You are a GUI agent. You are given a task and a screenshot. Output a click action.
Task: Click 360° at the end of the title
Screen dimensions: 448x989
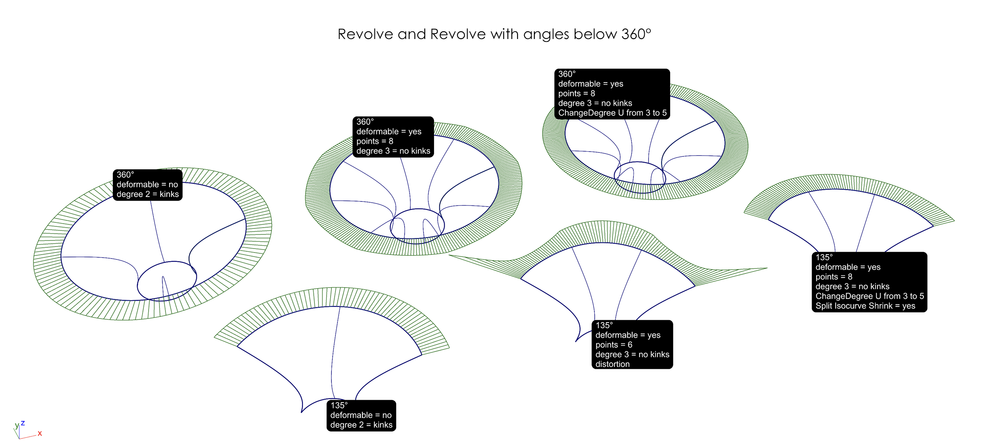click(636, 34)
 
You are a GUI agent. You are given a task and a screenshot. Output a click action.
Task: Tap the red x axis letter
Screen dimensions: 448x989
click(40, 434)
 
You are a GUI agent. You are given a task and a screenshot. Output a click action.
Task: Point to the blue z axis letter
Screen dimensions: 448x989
click(23, 423)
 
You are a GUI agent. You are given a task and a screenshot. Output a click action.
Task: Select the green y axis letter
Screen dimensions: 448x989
click(17, 425)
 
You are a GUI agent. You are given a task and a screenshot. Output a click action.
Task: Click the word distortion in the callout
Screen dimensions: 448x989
click(612, 364)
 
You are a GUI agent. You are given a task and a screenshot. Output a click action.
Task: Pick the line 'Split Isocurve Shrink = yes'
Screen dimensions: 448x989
click(865, 306)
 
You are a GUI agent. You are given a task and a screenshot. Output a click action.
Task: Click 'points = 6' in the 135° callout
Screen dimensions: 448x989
click(614, 345)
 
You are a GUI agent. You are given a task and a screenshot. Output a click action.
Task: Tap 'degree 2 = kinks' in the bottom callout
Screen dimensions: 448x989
click(361, 425)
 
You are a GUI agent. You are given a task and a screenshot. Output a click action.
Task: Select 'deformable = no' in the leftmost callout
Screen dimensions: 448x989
click(147, 185)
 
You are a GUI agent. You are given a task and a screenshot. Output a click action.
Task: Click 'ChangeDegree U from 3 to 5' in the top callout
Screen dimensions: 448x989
click(612, 113)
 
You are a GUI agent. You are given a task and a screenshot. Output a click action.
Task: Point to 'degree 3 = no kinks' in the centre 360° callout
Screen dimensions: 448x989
click(393, 151)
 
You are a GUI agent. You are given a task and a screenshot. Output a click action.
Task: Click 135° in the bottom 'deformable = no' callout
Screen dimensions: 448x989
click(339, 405)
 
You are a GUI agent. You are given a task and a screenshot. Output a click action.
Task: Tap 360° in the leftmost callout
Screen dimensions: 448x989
click(125, 175)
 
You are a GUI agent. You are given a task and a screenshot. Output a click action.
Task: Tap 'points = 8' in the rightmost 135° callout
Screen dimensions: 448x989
click(834, 277)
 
